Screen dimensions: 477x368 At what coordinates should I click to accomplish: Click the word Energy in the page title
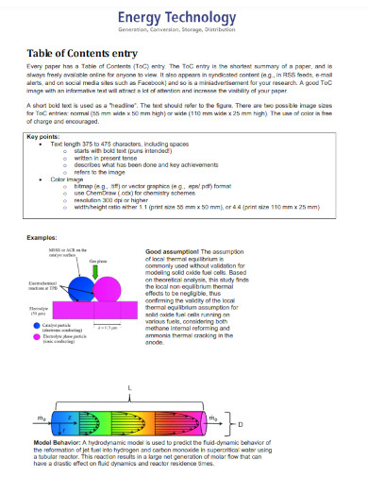(139, 17)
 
